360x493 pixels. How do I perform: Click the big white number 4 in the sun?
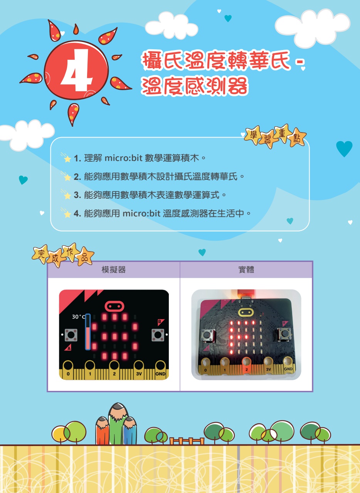tap(76, 70)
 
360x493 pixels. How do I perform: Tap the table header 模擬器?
tap(114, 270)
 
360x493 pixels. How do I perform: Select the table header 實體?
tap(246, 270)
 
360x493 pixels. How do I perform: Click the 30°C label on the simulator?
tap(78, 317)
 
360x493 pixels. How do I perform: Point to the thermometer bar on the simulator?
tap(88, 332)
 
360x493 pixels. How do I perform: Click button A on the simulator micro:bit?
tap(71, 335)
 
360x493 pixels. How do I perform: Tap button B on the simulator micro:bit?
tap(158, 335)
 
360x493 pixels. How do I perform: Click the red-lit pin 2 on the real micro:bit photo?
tap(247, 366)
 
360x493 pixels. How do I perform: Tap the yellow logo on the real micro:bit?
tap(246, 312)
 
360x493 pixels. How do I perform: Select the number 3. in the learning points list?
tap(77, 195)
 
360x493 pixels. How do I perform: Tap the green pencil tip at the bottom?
tap(118, 409)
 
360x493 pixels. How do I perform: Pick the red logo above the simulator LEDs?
tap(114, 306)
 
